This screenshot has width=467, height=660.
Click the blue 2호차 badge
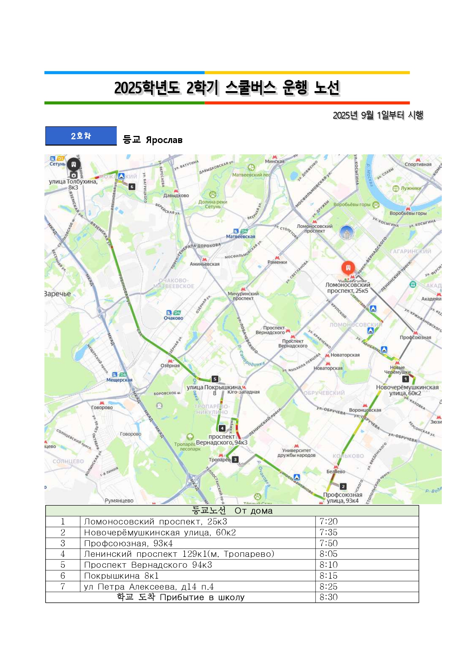click(81, 136)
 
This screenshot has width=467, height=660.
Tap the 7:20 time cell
click(328, 521)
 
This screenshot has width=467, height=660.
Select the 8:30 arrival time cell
click(328, 597)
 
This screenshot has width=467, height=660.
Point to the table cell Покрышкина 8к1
click(121, 576)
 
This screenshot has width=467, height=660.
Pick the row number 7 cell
click(63, 587)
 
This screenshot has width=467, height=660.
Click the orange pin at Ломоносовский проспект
click(348, 268)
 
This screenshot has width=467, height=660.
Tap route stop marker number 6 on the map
click(131, 186)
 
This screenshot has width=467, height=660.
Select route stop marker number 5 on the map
click(215, 379)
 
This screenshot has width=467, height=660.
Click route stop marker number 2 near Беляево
click(343, 486)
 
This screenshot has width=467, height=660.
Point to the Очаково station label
click(173, 318)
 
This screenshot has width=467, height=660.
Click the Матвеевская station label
click(241, 236)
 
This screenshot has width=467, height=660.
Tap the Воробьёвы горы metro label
click(408, 213)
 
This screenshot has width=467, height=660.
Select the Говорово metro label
click(102, 407)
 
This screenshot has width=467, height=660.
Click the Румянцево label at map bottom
click(119, 501)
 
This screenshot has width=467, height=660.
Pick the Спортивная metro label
click(418, 164)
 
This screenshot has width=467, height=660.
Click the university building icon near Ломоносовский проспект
click(346, 232)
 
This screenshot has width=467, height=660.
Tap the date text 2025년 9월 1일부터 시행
click(378, 115)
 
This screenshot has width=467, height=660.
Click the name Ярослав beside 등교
click(164, 140)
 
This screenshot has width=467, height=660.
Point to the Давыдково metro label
click(176, 195)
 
